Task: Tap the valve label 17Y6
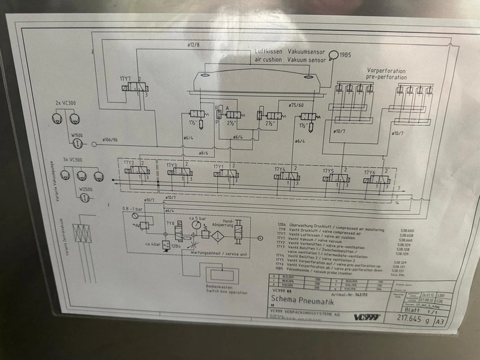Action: tap(370, 173)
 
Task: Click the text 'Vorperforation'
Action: tap(386, 70)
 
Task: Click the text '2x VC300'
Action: tap(65, 104)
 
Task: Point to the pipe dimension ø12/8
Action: tap(194, 44)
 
